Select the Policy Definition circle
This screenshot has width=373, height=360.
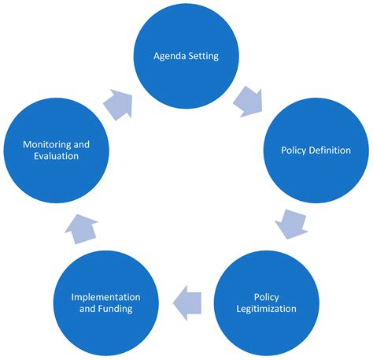pyautogui.click(x=315, y=150)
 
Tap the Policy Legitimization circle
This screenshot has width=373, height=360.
pyautogui.click(x=267, y=302)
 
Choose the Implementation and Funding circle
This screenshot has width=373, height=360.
pyautogui.click(x=105, y=302)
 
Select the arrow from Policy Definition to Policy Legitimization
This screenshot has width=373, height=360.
pyautogui.click(x=291, y=225)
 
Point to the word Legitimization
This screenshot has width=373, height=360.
pyautogui.click(x=267, y=309)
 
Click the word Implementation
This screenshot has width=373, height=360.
pyautogui.click(x=105, y=297)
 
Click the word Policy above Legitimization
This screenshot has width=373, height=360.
pyautogui.click(x=267, y=297)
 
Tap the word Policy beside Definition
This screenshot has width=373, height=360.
pyautogui.click(x=294, y=150)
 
